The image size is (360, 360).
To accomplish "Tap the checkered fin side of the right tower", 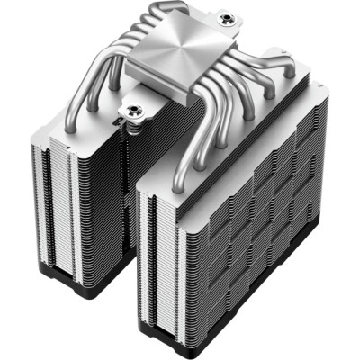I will pos(261,216).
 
